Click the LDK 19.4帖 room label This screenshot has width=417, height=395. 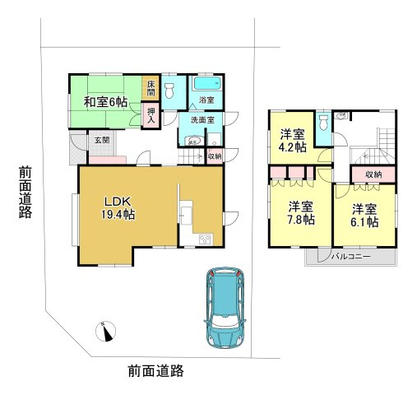tap(118, 208)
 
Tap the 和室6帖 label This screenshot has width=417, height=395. tap(105, 102)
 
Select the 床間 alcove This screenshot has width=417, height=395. tap(151, 88)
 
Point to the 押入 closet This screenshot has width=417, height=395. tap(151, 115)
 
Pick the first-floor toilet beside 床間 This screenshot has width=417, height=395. tap(169, 91)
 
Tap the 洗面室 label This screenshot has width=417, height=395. tap(202, 120)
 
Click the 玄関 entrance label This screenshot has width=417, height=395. tap(102, 140)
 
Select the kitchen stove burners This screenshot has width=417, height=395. tap(205, 239)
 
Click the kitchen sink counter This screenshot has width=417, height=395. tap(187, 213)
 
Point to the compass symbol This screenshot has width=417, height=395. tap(105, 332)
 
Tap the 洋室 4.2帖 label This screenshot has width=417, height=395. tap(292, 142)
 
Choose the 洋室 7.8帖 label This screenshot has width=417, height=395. tap(301, 213)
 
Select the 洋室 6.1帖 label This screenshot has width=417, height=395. tap(364, 216)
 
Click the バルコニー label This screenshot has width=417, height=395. tap(351, 257)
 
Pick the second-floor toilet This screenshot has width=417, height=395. tap(324, 123)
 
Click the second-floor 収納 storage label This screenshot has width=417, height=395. tap(373, 174)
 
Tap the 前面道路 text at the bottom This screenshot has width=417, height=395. tap(155, 371)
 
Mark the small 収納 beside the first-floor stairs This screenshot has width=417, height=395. tap(215, 156)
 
